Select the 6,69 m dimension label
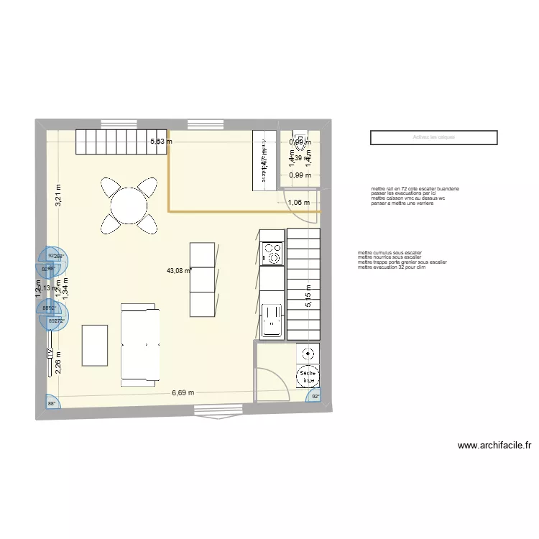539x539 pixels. pyautogui.click(x=183, y=393)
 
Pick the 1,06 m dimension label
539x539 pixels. pyautogui.click(x=298, y=203)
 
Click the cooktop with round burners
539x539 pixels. pyautogui.click(x=272, y=253)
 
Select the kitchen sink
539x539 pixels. pyautogui.click(x=272, y=320)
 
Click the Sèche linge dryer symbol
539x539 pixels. pyautogui.click(x=308, y=377)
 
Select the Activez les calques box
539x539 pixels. pyautogui.click(x=434, y=137)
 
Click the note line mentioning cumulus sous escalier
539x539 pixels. pyautogui.click(x=389, y=253)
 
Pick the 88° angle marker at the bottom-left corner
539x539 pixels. pyautogui.click(x=52, y=404)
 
